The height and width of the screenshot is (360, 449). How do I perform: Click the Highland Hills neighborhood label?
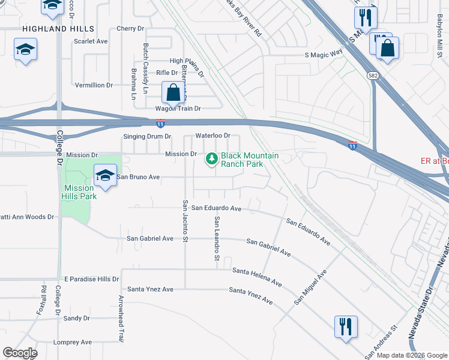(58, 29)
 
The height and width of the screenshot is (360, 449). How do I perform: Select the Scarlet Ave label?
(91, 41)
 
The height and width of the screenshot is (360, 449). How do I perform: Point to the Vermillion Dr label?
(94, 85)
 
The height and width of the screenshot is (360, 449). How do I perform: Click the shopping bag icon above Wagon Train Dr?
(173, 94)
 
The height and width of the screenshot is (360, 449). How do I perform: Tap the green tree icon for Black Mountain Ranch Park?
(211, 159)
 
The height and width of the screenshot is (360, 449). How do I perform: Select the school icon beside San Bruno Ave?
(105, 176)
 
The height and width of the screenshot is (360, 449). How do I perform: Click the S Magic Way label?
(324, 55)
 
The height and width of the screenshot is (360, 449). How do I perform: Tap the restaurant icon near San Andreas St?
(346, 328)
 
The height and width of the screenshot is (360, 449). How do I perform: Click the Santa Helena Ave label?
(257, 277)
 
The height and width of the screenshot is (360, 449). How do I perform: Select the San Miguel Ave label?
(310, 287)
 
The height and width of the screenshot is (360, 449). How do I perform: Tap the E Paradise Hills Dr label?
(92, 280)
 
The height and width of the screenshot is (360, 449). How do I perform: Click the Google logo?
(19, 353)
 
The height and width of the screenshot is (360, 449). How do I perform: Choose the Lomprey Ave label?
(73, 342)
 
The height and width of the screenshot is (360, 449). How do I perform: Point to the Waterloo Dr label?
(212, 136)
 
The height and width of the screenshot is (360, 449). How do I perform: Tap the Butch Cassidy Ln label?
(145, 63)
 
